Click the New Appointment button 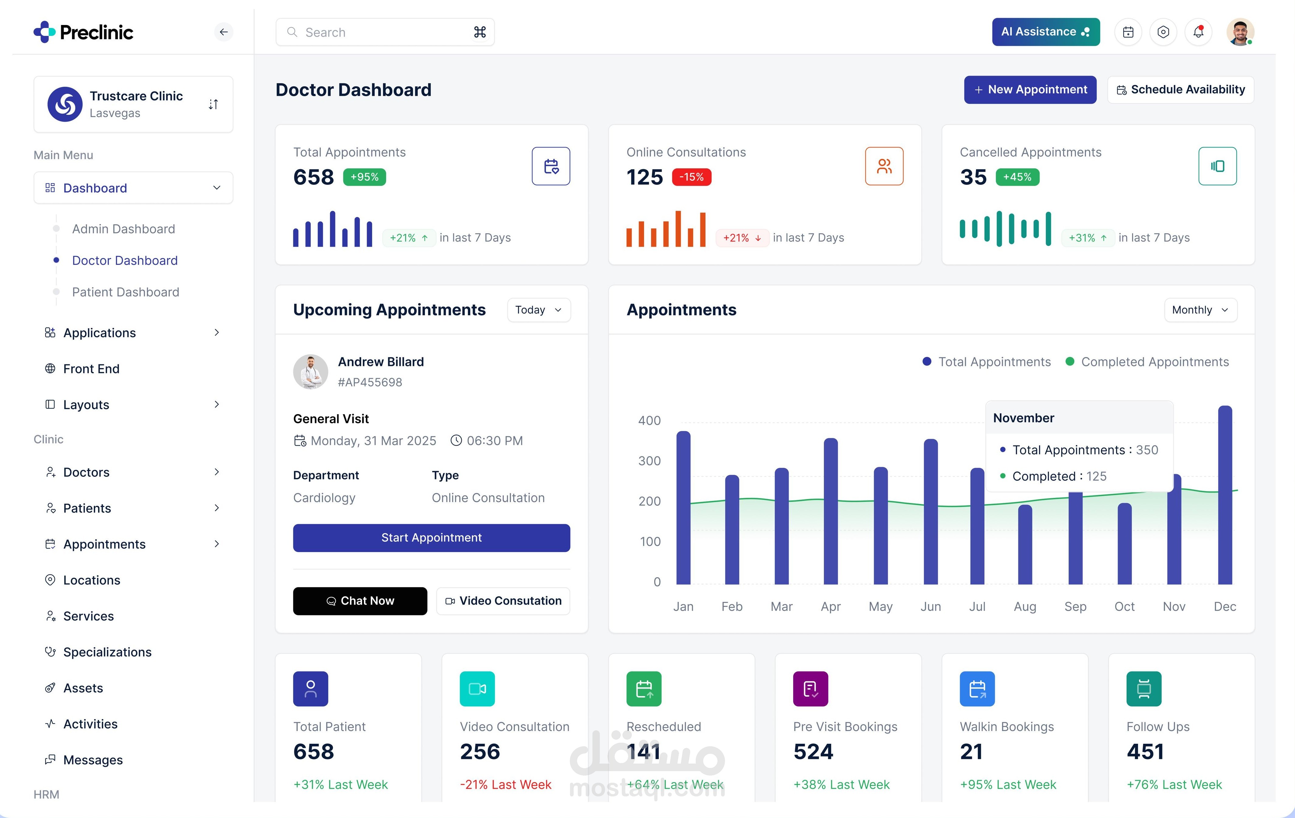[x=1030, y=90]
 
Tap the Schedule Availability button [x=1181, y=90]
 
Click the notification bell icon [x=1198, y=32]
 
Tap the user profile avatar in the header [x=1240, y=32]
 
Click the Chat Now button [x=360, y=601]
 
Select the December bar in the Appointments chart [x=1225, y=495]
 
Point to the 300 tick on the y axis [x=649, y=461]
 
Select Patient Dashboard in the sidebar [x=125, y=292]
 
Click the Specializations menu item [x=107, y=652]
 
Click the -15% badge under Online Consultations [x=691, y=177]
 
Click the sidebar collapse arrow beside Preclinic [x=224, y=32]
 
